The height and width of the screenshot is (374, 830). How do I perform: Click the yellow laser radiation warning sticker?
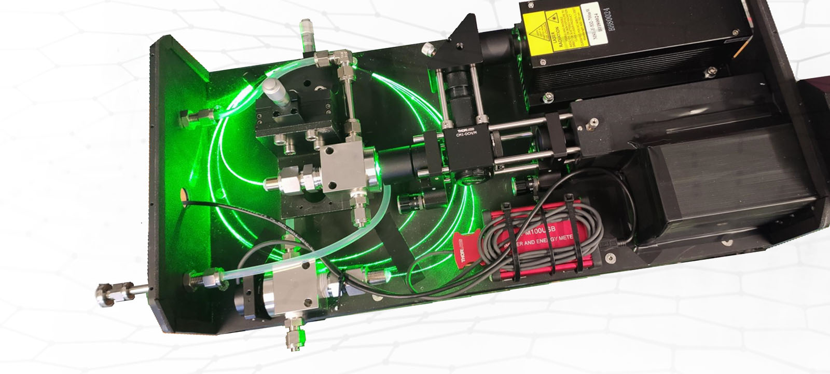coord(555,31)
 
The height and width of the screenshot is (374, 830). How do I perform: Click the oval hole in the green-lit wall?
coord(183,194)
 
